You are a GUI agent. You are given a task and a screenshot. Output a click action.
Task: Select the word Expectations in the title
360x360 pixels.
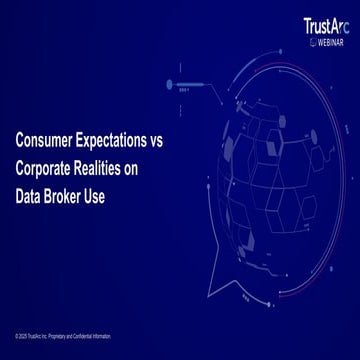coord(120,142)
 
